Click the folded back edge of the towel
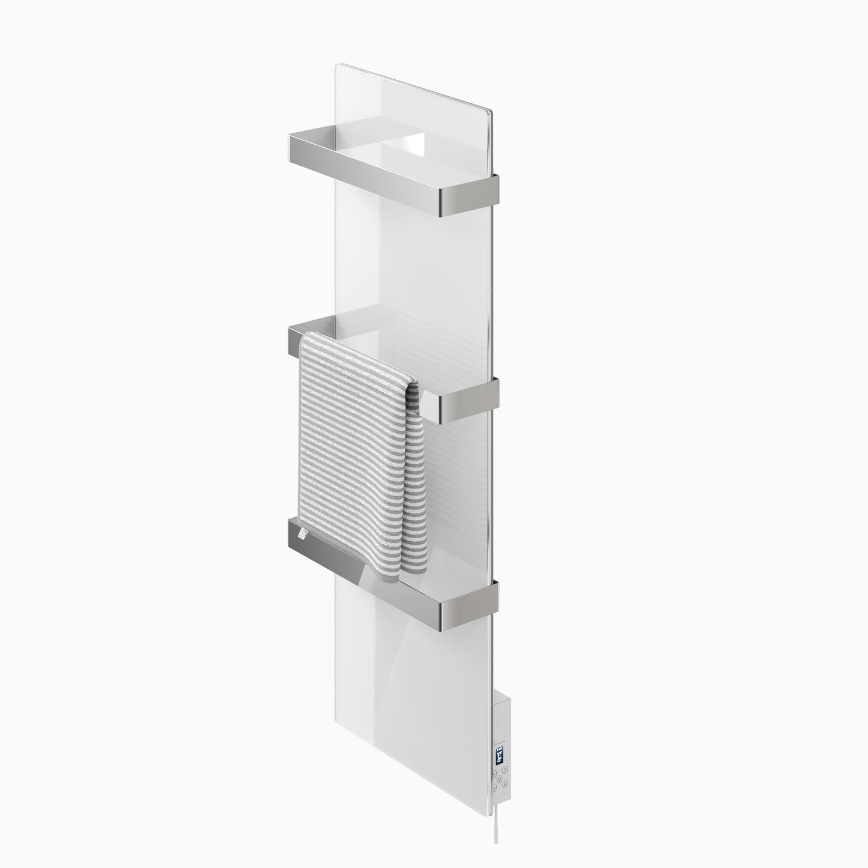tap(416, 481)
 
